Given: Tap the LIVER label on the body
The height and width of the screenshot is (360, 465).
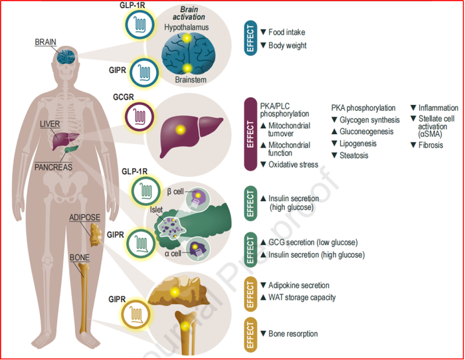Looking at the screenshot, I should click(51, 124).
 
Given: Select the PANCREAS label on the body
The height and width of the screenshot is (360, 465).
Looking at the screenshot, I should click(54, 168).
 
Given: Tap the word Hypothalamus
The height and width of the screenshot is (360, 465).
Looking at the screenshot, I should click(189, 29).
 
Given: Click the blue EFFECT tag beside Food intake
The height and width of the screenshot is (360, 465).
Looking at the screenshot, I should click(250, 38).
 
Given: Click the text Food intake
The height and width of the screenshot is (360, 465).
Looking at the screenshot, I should click(287, 32).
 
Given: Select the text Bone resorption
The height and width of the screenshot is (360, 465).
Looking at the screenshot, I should click(293, 333).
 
